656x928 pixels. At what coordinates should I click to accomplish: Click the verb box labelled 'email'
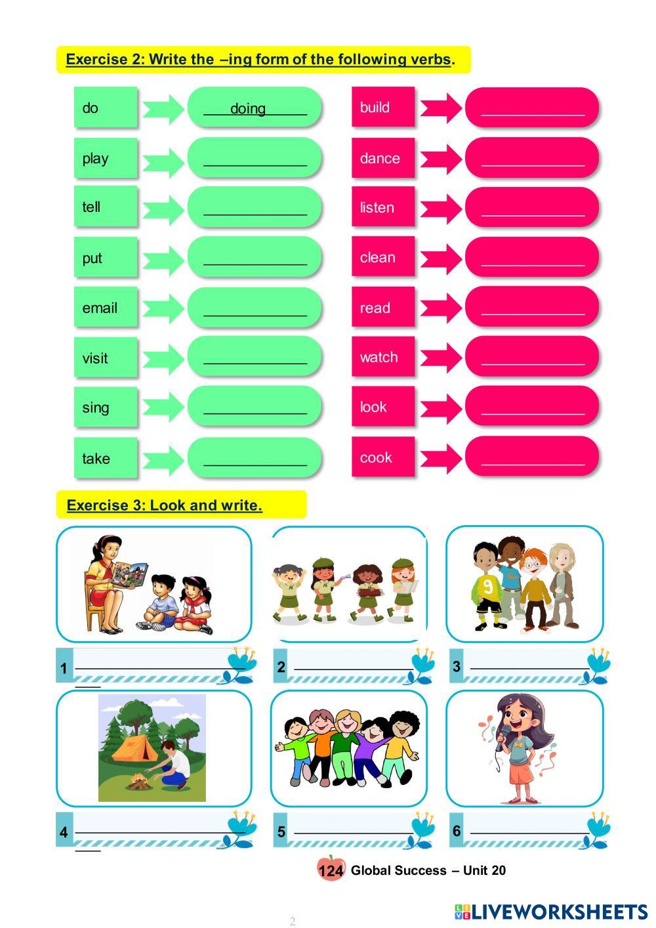[106, 307]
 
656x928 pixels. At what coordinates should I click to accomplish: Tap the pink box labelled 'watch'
[383, 357]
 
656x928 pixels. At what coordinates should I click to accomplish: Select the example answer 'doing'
[248, 109]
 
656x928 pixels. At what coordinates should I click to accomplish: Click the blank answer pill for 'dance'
[532, 158]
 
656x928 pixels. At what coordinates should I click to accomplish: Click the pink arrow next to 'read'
[441, 308]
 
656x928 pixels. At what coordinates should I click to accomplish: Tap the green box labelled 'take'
[106, 458]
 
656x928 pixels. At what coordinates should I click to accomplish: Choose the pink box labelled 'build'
[383, 108]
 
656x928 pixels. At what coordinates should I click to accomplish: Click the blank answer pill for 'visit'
[255, 358]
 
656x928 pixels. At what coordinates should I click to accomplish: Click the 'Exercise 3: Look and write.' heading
[165, 505]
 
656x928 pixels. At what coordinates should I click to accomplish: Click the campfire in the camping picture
[138, 782]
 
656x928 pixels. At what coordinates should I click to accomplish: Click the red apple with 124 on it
[331, 870]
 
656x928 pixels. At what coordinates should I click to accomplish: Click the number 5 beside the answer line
[281, 832]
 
